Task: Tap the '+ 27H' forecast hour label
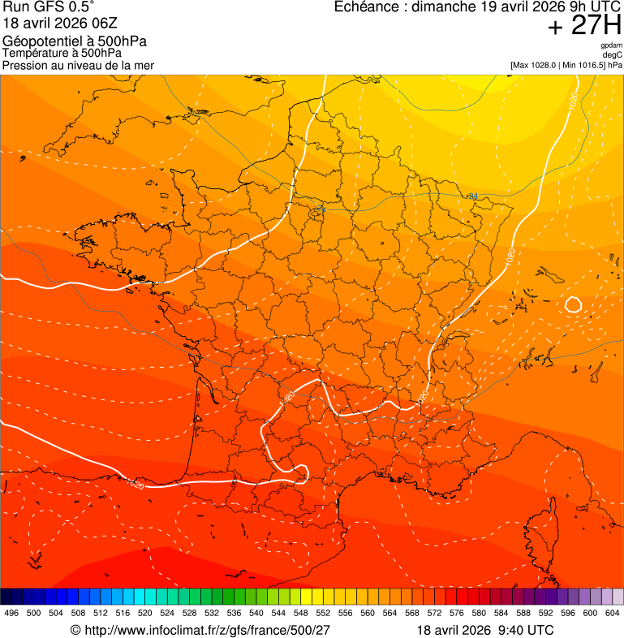(583, 27)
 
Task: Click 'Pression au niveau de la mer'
(78, 65)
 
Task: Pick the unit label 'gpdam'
(611, 45)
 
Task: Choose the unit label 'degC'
(613, 55)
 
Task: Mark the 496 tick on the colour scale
(11, 614)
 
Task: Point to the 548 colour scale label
(301, 614)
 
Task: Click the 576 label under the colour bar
(457, 614)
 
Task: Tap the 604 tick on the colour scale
(613, 614)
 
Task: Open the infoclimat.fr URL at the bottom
(209, 630)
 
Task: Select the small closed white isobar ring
(573, 305)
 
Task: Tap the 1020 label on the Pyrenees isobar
(136, 485)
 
